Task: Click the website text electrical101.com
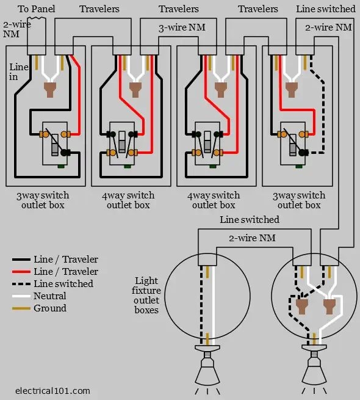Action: [x=52, y=390]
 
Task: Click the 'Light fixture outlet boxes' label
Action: [x=146, y=295]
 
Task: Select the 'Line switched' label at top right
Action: [x=325, y=9]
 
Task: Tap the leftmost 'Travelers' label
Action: [x=99, y=9]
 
